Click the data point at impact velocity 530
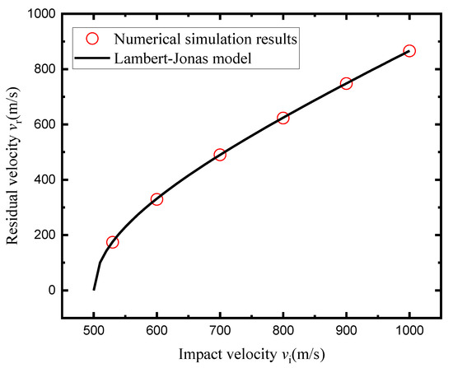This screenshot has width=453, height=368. click(x=113, y=242)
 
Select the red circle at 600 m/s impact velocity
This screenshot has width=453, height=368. click(x=156, y=199)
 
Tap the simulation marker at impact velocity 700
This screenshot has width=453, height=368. click(x=220, y=155)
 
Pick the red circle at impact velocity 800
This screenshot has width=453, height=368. click(x=283, y=118)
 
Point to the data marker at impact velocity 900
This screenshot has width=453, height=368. click(x=346, y=83)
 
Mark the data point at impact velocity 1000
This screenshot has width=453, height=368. click(x=409, y=51)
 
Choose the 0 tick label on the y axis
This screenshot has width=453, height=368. click(x=54, y=290)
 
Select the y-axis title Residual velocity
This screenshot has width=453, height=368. click(x=15, y=165)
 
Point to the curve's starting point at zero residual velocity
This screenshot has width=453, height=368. click(x=94, y=289)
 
